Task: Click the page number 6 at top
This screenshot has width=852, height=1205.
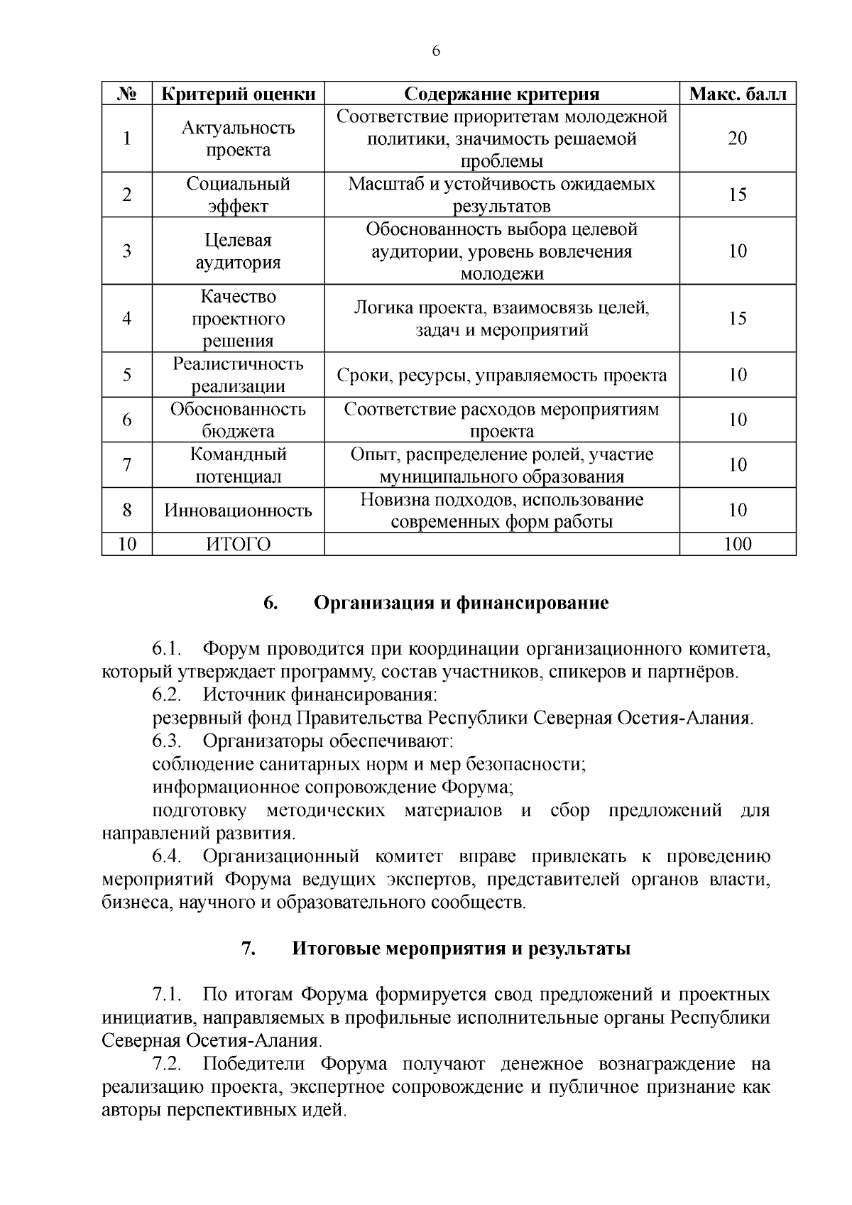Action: click(x=436, y=51)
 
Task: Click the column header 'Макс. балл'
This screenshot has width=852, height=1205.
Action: click(x=738, y=94)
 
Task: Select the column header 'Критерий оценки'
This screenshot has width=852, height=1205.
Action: click(x=238, y=94)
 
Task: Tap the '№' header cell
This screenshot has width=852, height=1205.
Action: click(x=126, y=94)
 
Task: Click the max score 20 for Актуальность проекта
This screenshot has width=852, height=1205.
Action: click(x=738, y=138)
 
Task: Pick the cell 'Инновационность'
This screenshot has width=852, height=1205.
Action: click(x=238, y=511)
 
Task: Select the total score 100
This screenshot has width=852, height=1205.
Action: click(x=738, y=545)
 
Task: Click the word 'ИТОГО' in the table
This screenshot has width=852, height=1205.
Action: click(x=238, y=545)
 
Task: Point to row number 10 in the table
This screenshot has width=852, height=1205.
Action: click(x=126, y=545)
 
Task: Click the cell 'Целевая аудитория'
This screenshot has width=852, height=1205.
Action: click(x=238, y=251)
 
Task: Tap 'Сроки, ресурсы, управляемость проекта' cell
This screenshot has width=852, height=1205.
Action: click(x=501, y=375)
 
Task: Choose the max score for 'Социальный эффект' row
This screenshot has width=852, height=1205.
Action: click(x=738, y=195)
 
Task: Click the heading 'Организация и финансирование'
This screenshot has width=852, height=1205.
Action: click(x=461, y=604)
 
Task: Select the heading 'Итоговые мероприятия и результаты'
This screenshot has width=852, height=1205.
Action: click(x=461, y=949)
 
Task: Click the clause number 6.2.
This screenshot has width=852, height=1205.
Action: click(x=168, y=694)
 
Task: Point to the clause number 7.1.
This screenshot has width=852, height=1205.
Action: click(x=168, y=994)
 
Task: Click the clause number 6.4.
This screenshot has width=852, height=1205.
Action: click(x=168, y=857)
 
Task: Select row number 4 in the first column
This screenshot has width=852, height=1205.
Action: click(x=126, y=319)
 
